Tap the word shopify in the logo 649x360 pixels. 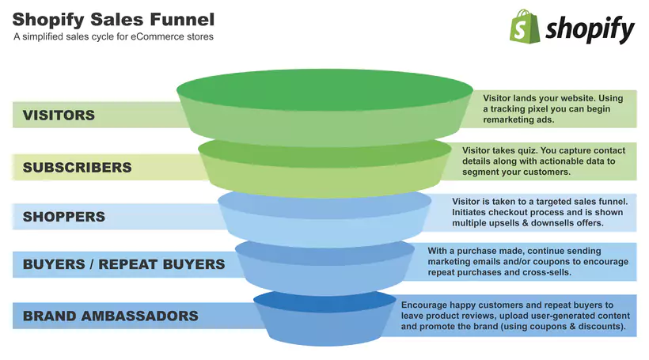click(x=590, y=29)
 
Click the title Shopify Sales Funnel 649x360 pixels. click(x=113, y=18)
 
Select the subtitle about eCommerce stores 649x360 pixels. click(x=113, y=36)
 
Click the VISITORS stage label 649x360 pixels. click(x=59, y=115)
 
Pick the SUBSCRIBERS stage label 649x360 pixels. click(x=77, y=168)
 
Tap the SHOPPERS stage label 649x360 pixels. click(x=64, y=217)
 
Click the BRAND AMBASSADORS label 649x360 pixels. click(x=110, y=316)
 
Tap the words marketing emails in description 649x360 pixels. click(x=466, y=261)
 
